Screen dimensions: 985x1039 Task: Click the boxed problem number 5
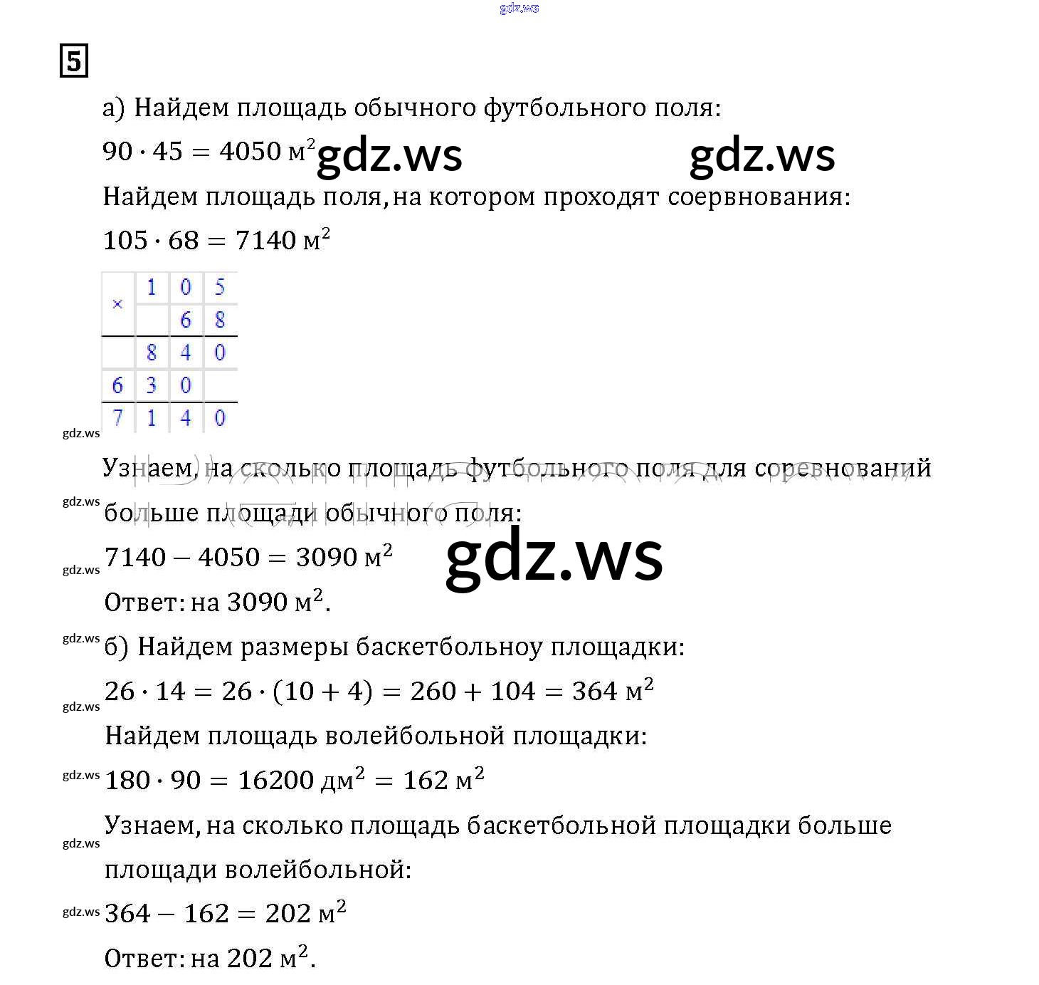coord(74,61)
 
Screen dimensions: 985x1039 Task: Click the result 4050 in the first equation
coord(250,151)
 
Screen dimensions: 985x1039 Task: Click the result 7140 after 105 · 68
coord(265,241)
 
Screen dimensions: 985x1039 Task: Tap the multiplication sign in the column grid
coord(117,304)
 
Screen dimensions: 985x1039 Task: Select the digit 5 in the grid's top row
coord(220,287)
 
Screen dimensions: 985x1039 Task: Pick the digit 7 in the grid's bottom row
coord(117,418)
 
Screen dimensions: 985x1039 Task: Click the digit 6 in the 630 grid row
coord(117,385)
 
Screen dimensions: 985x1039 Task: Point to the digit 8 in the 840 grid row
coord(152,353)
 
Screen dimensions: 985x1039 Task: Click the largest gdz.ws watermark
coord(554,558)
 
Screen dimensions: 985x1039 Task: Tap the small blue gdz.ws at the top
coord(519,9)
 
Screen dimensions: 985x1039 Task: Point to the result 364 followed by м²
coord(594,691)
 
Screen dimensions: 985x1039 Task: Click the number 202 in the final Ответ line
coord(250,959)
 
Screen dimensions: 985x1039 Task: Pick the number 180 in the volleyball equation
coord(127,781)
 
